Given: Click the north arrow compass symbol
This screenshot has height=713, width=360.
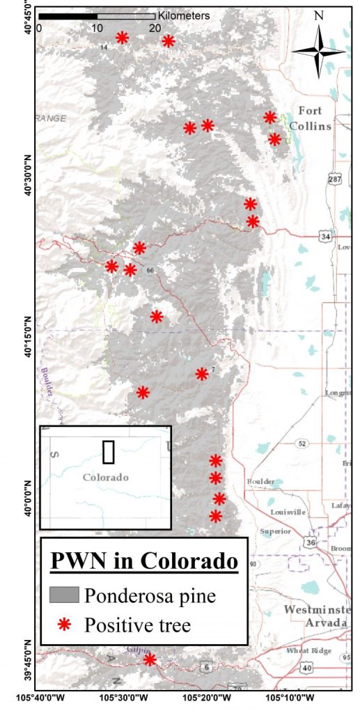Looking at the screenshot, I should pyautogui.click(x=319, y=50).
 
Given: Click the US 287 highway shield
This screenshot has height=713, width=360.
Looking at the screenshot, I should pyautogui.click(x=335, y=180).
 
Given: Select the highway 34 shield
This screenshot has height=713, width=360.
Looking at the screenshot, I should pyautogui.click(x=325, y=237).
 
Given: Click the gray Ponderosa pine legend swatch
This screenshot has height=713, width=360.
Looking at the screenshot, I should pyautogui.click(x=64, y=595).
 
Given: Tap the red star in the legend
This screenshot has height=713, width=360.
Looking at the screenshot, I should pyautogui.click(x=63, y=624).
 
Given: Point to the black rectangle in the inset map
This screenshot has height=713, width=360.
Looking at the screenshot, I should pyautogui.click(x=108, y=451).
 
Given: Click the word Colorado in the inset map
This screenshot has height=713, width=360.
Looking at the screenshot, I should pyautogui.click(x=105, y=478).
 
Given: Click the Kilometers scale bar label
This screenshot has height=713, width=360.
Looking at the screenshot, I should pyautogui.click(x=184, y=15).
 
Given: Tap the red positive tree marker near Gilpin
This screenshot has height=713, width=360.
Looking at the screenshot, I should pyautogui.click(x=149, y=659).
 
